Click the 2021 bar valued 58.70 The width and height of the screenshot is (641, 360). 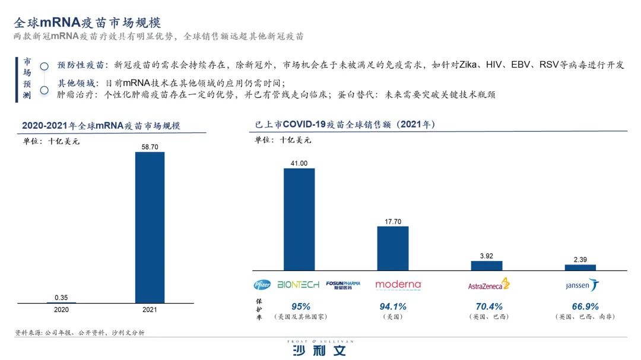(x=150, y=227)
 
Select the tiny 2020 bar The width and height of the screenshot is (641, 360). (x=61, y=302)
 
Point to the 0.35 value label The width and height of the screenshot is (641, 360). (x=61, y=297)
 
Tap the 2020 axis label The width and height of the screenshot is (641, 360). (x=61, y=310)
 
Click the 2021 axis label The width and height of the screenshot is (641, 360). (x=150, y=310)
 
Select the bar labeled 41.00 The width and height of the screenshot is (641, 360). (x=299, y=219)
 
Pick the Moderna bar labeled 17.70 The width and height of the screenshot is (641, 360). (x=393, y=249)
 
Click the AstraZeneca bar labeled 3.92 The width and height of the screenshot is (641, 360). (x=487, y=266)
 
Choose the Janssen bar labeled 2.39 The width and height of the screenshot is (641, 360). (x=580, y=267)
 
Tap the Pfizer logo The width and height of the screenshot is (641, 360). (x=262, y=285)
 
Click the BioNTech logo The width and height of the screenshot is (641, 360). (x=298, y=285)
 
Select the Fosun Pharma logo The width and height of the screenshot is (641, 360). (x=343, y=285)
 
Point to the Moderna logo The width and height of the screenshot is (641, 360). (x=398, y=285)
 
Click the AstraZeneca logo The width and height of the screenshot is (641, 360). (x=489, y=285)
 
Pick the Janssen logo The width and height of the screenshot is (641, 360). (x=582, y=285)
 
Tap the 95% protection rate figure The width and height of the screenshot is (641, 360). (x=301, y=307)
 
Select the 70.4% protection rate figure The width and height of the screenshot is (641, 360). (x=490, y=307)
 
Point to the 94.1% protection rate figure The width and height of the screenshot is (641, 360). (x=393, y=307)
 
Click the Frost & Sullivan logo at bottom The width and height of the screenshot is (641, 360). (x=320, y=348)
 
